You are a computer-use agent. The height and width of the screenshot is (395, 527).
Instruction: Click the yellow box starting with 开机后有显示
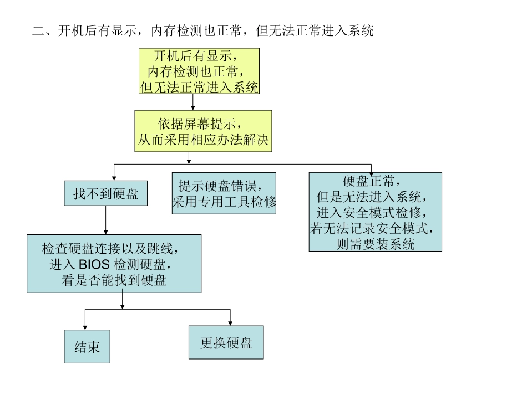pos(199,71)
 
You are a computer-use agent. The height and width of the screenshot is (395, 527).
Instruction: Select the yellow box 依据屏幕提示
pos(203,131)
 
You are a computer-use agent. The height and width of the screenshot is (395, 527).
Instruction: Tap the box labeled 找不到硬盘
pos(106,194)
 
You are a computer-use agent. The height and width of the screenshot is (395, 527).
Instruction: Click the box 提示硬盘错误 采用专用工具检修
pos(224,193)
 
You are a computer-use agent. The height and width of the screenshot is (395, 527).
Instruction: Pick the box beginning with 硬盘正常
pos(375,212)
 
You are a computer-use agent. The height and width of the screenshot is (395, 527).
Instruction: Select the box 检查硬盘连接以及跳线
pos(114,263)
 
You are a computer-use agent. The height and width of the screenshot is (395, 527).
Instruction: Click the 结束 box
pos(87,347)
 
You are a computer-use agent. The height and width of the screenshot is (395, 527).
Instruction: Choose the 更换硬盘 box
pos(226,343)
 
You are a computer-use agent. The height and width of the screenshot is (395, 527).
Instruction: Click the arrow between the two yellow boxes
pos(192,102)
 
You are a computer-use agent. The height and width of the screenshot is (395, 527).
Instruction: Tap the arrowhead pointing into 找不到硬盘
pos(114,177)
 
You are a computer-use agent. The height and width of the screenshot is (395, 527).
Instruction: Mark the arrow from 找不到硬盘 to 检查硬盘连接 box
pos(105,220)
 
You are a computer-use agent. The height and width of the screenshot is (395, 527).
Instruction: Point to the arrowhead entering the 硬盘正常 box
pos(371,173)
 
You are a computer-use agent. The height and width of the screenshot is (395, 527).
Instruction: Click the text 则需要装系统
pos(375,244)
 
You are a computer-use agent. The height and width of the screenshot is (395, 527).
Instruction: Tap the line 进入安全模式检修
pos(375,212)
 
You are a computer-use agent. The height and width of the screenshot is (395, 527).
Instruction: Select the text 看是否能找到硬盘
pos(114,280)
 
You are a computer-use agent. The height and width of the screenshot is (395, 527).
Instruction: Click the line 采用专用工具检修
pos(224,202)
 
